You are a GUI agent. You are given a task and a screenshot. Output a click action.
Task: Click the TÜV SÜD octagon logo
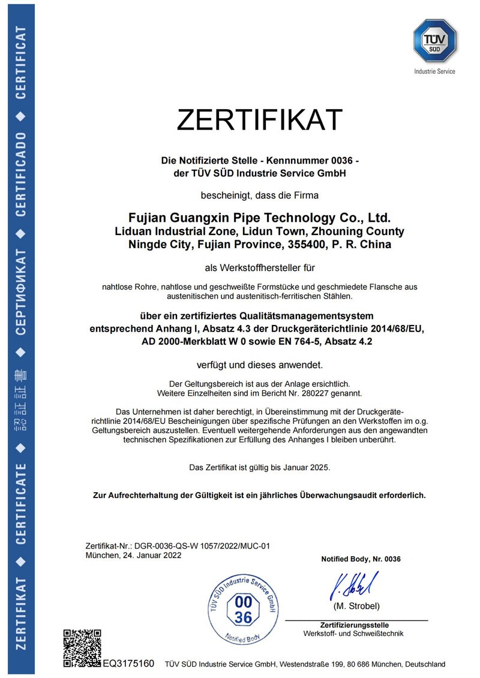coord(434,40)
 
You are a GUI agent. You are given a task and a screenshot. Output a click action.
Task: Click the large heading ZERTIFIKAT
coord(259,120)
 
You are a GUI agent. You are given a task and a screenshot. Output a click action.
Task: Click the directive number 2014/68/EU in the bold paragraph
coord(390,329)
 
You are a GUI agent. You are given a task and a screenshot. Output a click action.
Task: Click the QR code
coord(82,648)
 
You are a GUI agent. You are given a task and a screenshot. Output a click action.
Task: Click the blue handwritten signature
coord(353,586)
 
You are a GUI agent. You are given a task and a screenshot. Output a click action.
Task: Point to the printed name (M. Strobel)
coord(356,606)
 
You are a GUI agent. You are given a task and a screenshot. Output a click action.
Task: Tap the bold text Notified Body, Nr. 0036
coord(361,559)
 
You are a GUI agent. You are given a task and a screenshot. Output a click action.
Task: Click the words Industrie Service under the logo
coord(434,71)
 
